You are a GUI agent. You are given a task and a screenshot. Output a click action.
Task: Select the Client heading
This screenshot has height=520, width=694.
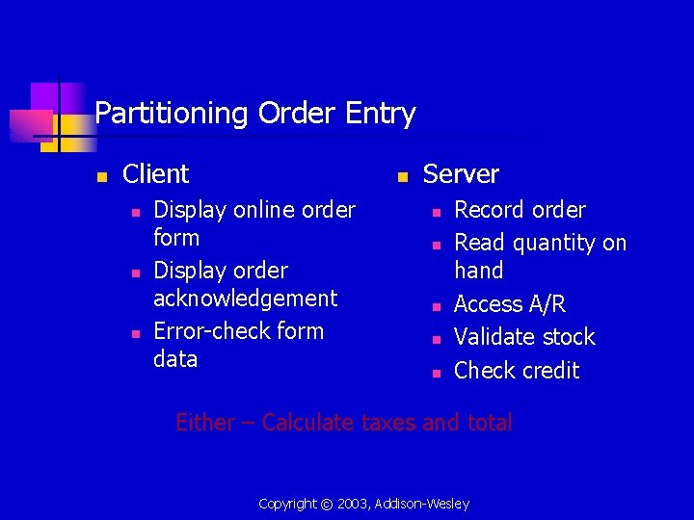coord(156,174)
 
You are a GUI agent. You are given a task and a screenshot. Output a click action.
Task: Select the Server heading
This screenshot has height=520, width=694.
coord(461,174)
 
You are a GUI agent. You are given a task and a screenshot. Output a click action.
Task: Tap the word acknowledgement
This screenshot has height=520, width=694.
coord(245,299)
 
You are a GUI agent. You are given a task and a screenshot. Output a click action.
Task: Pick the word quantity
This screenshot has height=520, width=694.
coord(559,243)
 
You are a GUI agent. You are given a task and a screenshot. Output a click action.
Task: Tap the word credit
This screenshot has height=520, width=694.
coord(548,371)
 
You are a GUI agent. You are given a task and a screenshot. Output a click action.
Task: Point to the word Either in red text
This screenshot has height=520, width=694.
coord(204,423)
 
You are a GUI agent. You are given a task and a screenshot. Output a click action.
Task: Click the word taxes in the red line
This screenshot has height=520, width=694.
coord(387,423)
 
